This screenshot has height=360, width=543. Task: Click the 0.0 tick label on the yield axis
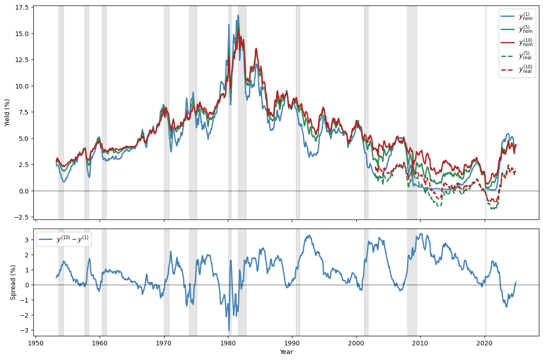[24, 191]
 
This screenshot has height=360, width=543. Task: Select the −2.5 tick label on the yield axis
[22, 217]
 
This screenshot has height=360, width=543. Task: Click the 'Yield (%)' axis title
[7, 112]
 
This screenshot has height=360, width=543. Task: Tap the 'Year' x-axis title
[286, 352]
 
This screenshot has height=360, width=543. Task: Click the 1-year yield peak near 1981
[237, 15]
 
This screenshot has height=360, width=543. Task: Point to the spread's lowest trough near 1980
[229, 330]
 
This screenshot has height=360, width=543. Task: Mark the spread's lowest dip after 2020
[506, 306]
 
